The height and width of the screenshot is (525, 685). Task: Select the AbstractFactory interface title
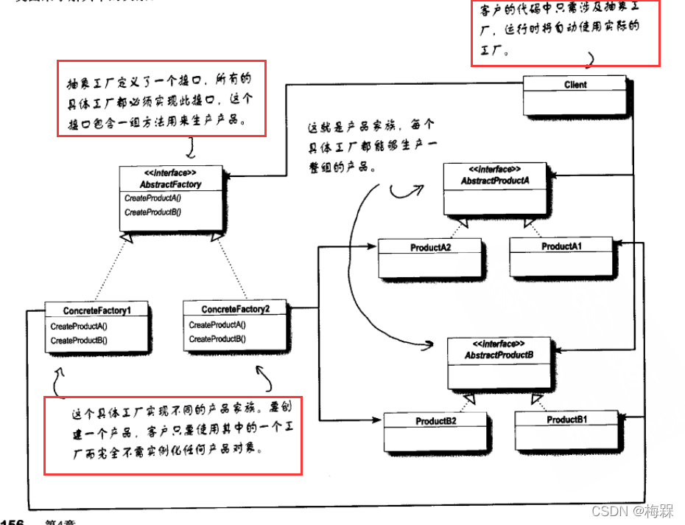(x=170, y=184)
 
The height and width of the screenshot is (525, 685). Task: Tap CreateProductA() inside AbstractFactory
(x=152, y=198)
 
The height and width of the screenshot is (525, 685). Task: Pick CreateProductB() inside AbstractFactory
(x=152, y=212)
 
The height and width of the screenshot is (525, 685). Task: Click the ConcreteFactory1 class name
(x=97, y=310)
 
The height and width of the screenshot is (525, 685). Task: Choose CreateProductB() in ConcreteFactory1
(x=79, y=341)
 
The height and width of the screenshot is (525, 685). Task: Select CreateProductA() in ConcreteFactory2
(x=217, y=325)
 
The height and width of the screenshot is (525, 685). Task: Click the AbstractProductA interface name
(x=495, y=181)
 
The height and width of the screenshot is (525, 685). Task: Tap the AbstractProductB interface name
(x=499, y=355)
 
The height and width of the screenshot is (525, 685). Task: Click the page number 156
(x=13, y=521)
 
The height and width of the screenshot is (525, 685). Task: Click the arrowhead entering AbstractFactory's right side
(x=228, y=177)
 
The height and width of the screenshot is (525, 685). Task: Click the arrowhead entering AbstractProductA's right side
(x=555, y=175)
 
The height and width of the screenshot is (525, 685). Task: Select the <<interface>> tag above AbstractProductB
(x=499, y=344)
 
